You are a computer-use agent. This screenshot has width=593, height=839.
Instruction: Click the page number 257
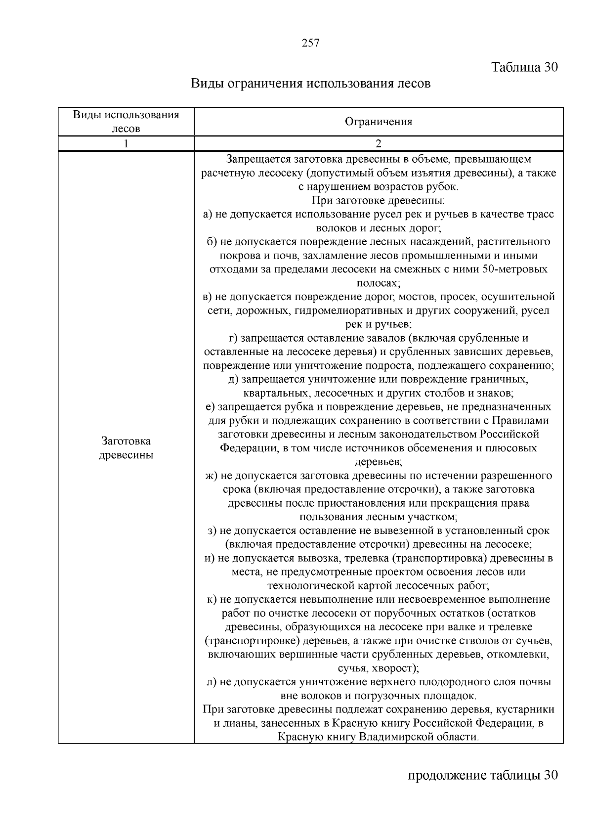[x=310, y=43]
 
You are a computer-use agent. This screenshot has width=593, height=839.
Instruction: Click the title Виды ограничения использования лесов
[x=310, y=84]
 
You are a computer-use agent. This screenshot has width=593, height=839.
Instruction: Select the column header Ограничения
[x=378, y=122]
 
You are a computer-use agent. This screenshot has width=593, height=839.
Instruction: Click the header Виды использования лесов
[x=126, y=122]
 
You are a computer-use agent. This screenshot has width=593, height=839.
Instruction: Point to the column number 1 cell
[x=126, y=144]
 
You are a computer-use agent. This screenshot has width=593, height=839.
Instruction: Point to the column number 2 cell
[x=378, y=144]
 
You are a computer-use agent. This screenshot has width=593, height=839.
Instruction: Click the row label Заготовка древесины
[x=126, y=448]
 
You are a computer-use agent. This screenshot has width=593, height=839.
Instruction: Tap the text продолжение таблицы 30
[x=482, y=774]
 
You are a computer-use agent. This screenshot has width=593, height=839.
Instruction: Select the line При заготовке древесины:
[x=378, y=201]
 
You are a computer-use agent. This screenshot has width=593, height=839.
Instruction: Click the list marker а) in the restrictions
[x=208, y=215]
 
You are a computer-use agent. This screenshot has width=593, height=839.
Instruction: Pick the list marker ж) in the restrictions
[x=211, y=476]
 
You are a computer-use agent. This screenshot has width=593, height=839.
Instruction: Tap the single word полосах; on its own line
[x=378, y=283]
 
